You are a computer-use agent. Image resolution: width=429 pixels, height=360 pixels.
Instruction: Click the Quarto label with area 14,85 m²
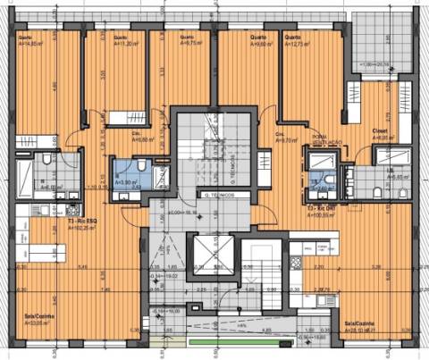click(x=30, y=40)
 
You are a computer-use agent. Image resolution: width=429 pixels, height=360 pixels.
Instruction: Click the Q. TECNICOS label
click(x=218, y=195)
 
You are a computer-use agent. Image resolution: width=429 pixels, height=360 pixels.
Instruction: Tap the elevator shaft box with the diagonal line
click(x=211, y=255)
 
